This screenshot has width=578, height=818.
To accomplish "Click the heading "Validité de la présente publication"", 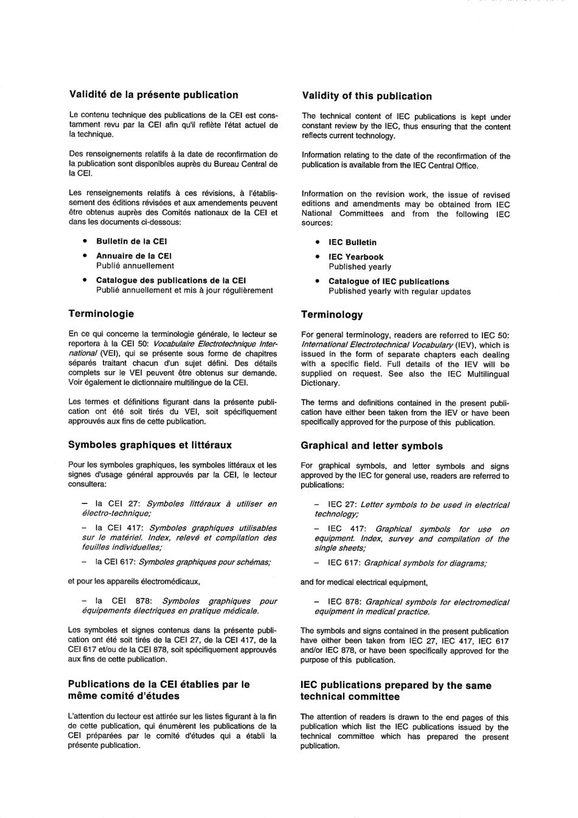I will [153, 95].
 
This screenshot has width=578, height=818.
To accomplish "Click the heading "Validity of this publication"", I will [366, 96].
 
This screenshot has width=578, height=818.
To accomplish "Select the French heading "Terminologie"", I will [101, 314].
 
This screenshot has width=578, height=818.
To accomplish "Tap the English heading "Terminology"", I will [332, 315].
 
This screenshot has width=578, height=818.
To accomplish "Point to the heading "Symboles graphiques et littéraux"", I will [150, 445].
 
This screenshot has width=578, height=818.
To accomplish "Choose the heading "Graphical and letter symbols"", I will [371, 446].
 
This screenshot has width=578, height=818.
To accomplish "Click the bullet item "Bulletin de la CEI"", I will [131, 241].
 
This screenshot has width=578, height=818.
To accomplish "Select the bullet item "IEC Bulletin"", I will [352, 242].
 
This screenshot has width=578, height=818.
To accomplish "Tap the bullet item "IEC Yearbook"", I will [356, 257].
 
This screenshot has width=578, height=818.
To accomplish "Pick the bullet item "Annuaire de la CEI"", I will [134, 256].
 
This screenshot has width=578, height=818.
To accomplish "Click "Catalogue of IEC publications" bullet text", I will [389, 282].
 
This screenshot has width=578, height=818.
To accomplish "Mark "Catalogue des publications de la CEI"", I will [171, 280].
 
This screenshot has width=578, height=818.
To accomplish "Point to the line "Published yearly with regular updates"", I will [399, 291].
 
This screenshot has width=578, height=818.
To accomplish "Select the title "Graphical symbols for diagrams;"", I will [425, 563].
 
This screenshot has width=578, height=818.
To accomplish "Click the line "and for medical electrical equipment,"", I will [364, 583].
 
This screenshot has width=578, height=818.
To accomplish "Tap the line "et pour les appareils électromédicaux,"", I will [134, 581].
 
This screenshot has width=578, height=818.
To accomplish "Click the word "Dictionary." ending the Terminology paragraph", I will [320, 383].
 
